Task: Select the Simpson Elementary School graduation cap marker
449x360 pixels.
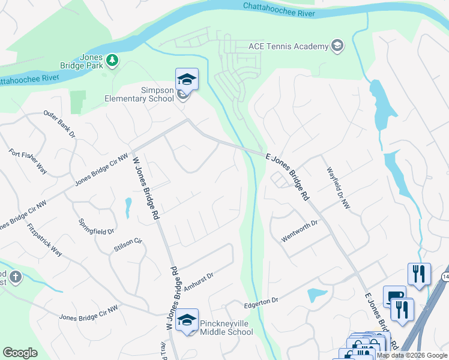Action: [187, 80]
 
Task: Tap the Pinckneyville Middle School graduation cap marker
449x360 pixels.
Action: [187, 320]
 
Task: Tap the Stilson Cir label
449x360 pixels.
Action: [127, 244]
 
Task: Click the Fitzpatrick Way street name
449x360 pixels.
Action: [44, 240]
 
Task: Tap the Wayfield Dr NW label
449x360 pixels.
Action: [338, 188]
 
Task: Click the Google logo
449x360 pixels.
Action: [20, 353]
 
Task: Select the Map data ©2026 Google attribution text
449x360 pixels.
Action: [412, 355]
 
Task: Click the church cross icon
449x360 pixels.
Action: [16, 277]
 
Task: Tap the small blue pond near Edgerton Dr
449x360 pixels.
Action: [316, 295]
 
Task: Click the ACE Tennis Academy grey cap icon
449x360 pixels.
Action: [337, 46]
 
